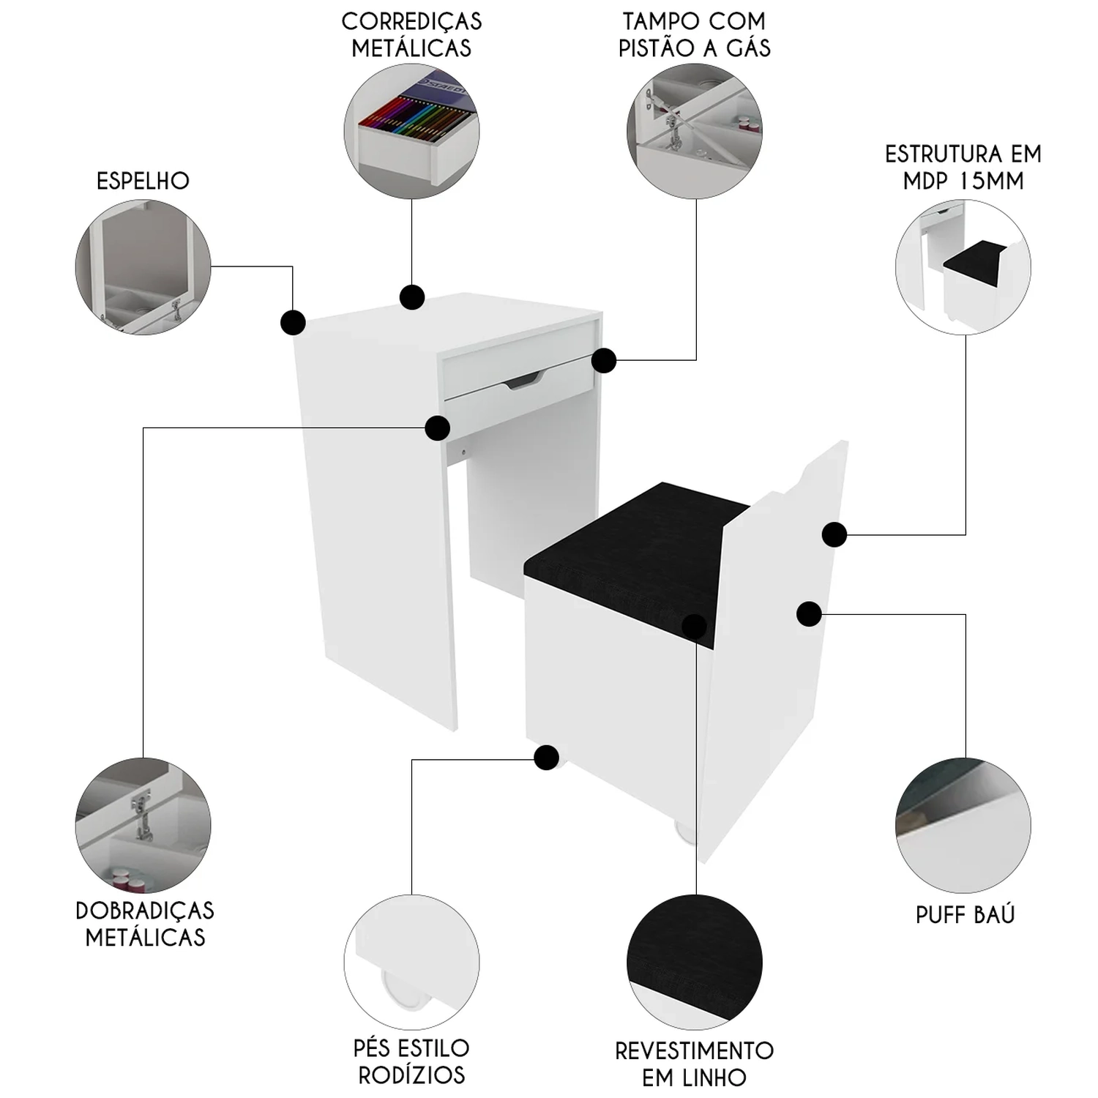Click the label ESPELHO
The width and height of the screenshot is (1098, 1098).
tap(143, 181)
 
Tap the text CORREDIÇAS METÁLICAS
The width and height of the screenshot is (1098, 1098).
tap(411, 34)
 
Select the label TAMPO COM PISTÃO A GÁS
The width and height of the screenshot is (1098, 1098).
tap(694, 34)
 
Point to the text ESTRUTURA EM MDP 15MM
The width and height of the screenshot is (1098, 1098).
tap(963, 167)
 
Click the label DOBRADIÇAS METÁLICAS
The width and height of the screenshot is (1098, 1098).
tap(145, 924)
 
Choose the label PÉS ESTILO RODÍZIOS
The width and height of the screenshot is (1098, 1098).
tap(411, 1061)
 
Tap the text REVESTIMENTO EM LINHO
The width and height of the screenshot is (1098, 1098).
tap(694, 1064)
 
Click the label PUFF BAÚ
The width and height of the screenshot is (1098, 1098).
tap(965, 915)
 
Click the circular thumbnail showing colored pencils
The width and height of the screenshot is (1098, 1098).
tap(411, 131)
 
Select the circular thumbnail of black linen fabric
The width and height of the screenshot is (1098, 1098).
tap(694, 962)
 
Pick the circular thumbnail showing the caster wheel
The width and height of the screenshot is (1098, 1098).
tap(411, 962)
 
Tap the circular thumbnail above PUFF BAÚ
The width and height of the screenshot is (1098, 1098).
tap(963, 825)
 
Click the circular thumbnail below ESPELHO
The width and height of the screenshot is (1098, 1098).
tap(143, 267)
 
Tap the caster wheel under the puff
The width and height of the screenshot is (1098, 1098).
tap(684, 833)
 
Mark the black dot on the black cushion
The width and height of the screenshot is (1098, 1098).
tap(694, 626)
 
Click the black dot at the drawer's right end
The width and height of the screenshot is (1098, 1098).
tap(604, 360)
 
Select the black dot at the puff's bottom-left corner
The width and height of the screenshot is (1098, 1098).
tap(546, 758)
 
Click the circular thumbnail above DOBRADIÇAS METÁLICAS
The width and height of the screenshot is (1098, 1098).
tap(143, 825)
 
